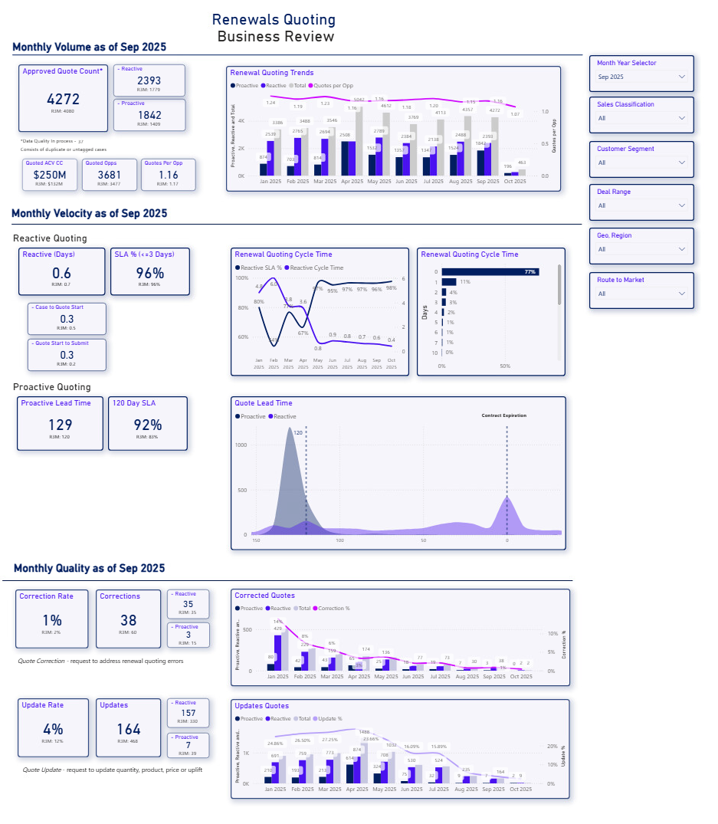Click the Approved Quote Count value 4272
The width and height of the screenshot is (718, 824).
point(63,99)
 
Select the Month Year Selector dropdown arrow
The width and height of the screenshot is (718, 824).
point(681,77)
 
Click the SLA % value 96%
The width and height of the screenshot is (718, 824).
point(150,274)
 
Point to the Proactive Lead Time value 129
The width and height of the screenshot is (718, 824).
point(60,425)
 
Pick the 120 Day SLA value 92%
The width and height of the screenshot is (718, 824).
point(147,425)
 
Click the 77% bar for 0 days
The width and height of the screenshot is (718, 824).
point(490,272)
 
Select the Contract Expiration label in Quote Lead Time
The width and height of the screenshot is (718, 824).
point(503,415)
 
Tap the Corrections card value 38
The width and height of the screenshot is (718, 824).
point(129,621)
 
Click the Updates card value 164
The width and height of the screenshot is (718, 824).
point(129,729)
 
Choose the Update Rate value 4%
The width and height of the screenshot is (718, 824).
point(53,729)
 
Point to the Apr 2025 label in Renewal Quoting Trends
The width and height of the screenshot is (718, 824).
point(352,182)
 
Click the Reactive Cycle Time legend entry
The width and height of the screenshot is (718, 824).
point(316,268)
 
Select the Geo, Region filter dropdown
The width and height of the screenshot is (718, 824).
point(641,249)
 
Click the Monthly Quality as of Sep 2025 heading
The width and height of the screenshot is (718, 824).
point(89,569)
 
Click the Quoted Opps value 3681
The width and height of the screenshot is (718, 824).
point(110,176)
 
